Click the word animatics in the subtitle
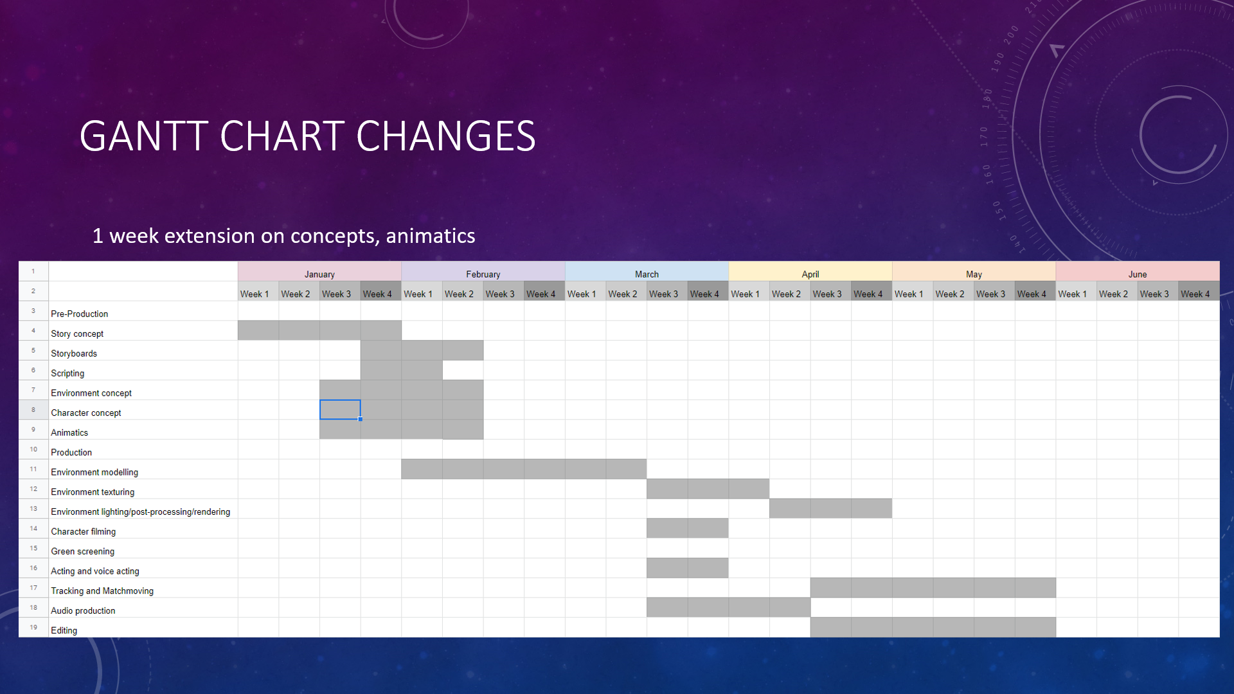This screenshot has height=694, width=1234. click(x=431, y=236)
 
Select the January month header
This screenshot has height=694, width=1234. click(x=319, y=274)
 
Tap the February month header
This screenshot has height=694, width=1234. click(x=483, y=274)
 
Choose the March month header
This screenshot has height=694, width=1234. click(x=647, y=274)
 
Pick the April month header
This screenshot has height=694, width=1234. click(x=810, y=274)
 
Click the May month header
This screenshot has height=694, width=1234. click(x=974, y=274)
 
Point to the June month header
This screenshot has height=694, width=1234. click(x=1138, y=274)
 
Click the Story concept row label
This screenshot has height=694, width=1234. click(x=77, y=334)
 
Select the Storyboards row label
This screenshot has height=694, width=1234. click(x=74, y=353)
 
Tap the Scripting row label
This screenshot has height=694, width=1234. click(x=67, y=373)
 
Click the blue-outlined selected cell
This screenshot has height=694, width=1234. click(x=340, y=410)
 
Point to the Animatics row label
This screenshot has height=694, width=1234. click(x=69, y=432)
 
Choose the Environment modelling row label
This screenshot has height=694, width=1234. click(x=94, y=472)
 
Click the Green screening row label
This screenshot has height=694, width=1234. click(x=82, y=551)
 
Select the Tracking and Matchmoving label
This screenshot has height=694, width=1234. click(x=102, y=591)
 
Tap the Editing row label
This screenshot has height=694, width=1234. click(x=64, y=630)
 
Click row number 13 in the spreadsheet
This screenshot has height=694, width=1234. click(x=33, y=508)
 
